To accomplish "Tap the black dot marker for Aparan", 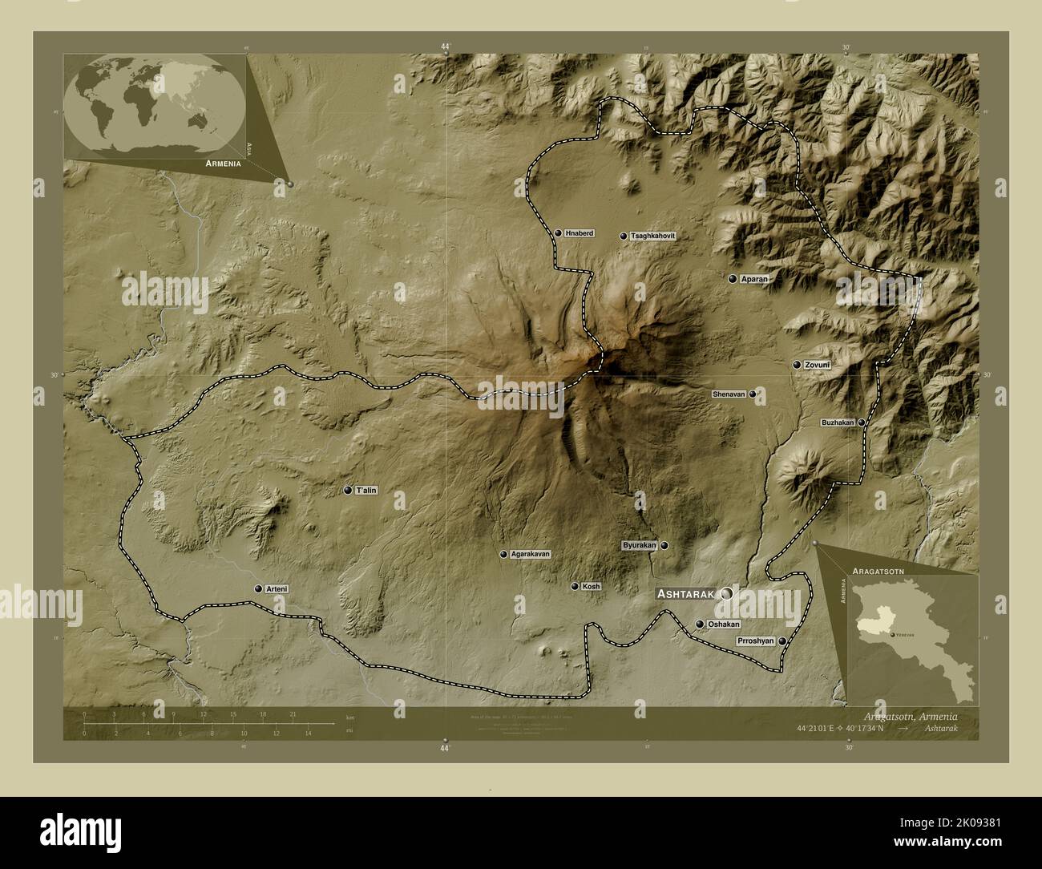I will coord(733,279).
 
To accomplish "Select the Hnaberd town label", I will coord(580,233).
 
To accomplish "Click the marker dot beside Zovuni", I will coord(797,365).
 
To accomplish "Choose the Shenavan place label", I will coord(729,394).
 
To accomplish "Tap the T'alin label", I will coord(366,490).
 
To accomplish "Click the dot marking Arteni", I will coord(258,589).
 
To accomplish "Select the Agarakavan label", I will coord(531,554).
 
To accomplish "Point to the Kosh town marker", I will coord(575,587).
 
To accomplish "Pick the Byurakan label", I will coord(640,545).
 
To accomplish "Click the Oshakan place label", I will coord(724,624).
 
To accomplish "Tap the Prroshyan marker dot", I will coord(781,641).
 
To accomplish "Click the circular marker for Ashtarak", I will coord(727,594).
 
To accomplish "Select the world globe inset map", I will coord(155,104).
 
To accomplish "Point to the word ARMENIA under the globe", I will coord(223,164).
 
